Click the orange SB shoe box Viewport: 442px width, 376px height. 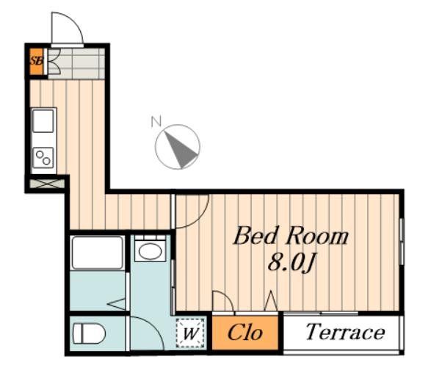37,62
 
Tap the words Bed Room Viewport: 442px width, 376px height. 291,236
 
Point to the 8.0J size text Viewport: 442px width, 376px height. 291,262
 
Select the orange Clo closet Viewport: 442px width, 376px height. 245,333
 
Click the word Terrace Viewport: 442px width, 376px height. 345,332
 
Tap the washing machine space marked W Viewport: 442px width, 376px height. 190,333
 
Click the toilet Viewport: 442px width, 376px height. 89,333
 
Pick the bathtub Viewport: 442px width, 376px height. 98,253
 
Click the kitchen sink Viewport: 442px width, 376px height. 43,120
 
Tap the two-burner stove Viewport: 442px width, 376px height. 43,158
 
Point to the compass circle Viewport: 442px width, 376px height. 178,147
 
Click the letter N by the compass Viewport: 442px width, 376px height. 156,121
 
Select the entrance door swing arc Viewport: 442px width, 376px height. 74,21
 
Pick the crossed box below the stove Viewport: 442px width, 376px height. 47,184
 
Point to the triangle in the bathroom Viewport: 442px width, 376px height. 116,304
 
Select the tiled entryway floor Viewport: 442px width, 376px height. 76,63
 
